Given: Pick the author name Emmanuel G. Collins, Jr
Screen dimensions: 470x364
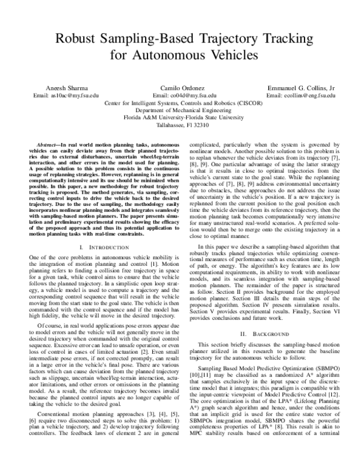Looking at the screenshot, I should pos(301,88).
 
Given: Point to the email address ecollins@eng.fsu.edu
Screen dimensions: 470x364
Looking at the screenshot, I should pos(301,96).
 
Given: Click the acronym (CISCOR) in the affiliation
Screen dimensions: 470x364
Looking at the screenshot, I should pos(244,104).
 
